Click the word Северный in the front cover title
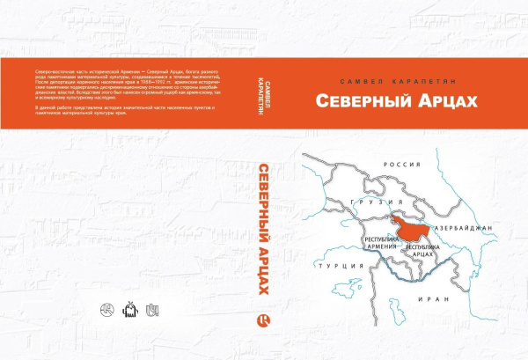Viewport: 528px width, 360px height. point(351,102)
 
